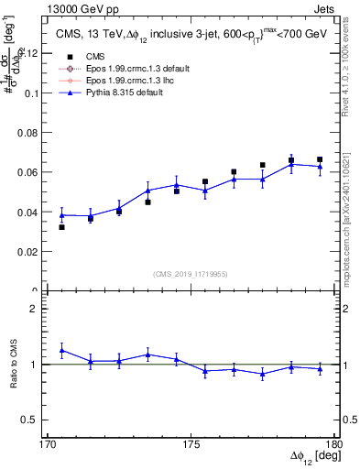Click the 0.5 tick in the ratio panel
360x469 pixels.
pos(35,420)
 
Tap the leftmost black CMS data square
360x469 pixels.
pos(62,227)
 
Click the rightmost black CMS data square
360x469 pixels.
pos(320,159)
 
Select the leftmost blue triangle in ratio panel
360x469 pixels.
pos(62,350)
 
